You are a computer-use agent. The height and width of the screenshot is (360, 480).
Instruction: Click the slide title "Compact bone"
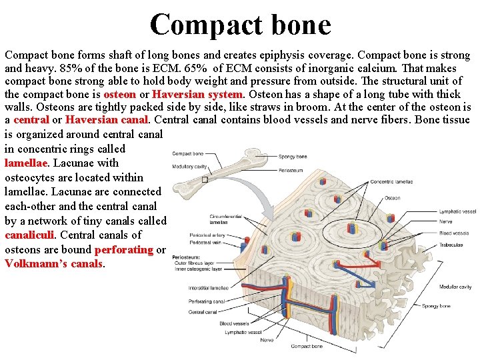[x=240, y=25]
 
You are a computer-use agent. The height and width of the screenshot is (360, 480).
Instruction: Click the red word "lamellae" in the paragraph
[x=25, y=163]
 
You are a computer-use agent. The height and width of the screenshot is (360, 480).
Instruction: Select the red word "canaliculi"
[x=30, y=235]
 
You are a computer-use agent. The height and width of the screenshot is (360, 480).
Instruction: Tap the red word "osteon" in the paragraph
[x=120, y=94]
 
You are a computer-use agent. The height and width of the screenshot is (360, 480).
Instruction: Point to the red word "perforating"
[x=124, y=249]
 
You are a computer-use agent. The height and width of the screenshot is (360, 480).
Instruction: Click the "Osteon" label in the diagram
[x=392, y=198]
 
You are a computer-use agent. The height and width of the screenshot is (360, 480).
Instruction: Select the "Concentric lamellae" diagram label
[x=391, y=181]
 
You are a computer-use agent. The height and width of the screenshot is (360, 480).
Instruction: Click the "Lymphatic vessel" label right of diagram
[x=457, y=211]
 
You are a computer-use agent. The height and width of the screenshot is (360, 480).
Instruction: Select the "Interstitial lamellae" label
[x=209, y=288]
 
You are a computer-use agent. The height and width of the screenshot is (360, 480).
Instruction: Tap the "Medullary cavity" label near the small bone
[x=189, y=167]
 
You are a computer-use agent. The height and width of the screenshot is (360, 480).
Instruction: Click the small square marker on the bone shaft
[x=205, y=179]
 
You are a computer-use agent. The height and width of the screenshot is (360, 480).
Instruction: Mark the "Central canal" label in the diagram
[x=201, y=311]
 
